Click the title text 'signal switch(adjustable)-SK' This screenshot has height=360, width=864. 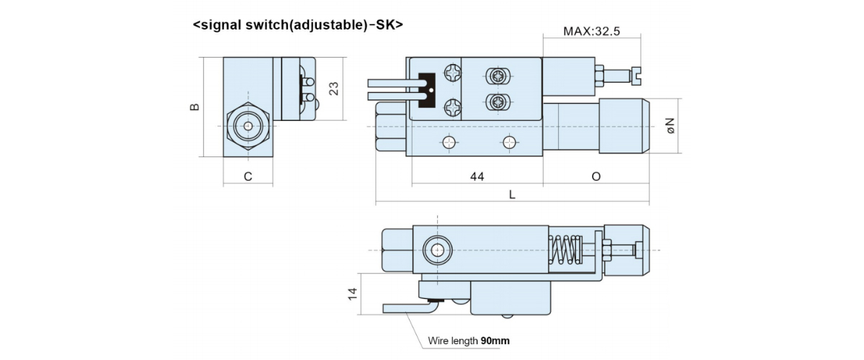click(x=298, y=24)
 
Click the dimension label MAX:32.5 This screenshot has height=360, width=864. click(x=592, y=32)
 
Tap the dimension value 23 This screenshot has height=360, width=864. click(x=333, y=88)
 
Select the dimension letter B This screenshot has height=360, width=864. click(x=194, y=107)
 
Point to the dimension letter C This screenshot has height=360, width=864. click(x=248, y=176)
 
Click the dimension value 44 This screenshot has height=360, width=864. click(x=477, y=176)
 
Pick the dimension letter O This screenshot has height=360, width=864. click(x=596, y=176)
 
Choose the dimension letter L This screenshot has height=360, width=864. click(x=512, y=194)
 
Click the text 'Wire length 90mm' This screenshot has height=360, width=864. click(x=469, y=340)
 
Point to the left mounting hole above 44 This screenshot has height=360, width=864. click(x=449, y=141)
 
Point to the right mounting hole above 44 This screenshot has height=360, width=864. click(x=510, y=141)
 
